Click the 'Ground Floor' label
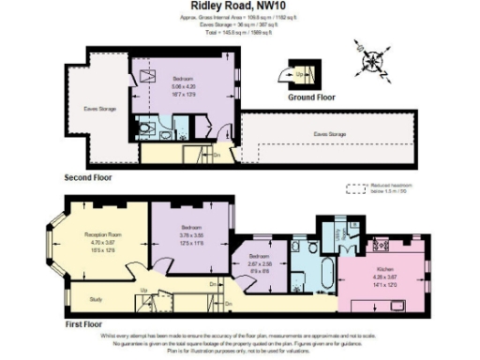point(310,97)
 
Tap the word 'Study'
point(96,300)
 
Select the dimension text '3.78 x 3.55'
point(190,236)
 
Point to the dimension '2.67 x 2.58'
point(259,264)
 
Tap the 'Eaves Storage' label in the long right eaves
point(329,134)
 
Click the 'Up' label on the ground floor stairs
point(299,71)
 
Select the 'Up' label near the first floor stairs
point(142,291)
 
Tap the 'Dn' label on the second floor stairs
point(217,155)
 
